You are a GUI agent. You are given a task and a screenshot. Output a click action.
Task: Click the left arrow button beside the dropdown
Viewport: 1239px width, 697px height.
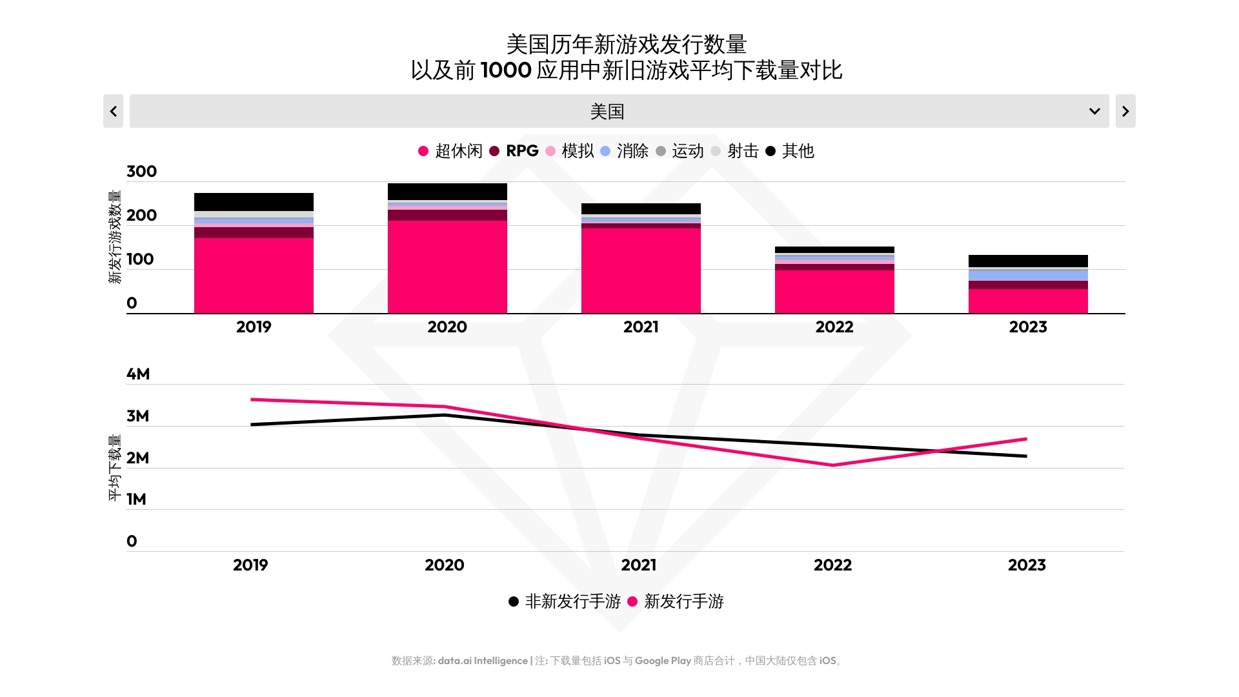click(x=113, y=111)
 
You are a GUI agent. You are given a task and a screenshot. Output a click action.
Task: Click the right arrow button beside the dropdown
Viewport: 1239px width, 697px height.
click(x=1125, y=111)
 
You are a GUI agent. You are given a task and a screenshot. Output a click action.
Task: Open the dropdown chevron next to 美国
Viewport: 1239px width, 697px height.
click(x=1094, y=111)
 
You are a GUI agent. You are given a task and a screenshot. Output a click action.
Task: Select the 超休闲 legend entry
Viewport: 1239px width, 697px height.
click(x=450, y=151)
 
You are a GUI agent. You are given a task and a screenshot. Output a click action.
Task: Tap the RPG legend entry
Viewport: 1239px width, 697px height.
click(x=514, y=151)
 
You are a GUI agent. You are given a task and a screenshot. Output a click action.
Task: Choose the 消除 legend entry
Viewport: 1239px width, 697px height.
click(x=624, y=151)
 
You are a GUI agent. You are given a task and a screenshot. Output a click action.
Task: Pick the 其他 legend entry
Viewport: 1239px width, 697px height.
click(x=790, y=151)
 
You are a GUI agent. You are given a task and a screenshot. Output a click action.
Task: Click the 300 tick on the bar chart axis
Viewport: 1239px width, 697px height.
click(x=141, y=172)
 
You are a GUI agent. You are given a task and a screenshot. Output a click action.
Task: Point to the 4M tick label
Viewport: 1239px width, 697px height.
click(x=138, y=374)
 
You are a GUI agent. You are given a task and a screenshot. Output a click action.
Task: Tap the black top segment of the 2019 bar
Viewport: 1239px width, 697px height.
click(x=254, y=201)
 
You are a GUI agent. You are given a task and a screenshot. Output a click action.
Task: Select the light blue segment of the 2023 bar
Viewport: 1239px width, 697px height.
click(x=1028, y=276)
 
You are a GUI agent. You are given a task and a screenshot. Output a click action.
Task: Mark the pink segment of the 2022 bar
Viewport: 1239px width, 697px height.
click(x=834, y=292)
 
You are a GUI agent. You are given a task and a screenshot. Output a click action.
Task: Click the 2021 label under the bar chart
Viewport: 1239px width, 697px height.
click(x=641, y=327)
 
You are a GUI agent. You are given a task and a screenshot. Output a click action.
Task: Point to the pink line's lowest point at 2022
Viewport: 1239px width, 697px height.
click(x=833, y=465)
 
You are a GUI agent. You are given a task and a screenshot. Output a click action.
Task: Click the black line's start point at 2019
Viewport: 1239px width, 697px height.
click(x=252, y=425)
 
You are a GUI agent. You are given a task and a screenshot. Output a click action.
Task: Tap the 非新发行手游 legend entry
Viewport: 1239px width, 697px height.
click(x=565, y=601)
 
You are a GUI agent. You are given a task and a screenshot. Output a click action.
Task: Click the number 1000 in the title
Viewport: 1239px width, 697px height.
click(x=506, y=70)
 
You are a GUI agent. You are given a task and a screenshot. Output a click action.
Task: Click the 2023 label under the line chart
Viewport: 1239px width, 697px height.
click(x=1027, y=565)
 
